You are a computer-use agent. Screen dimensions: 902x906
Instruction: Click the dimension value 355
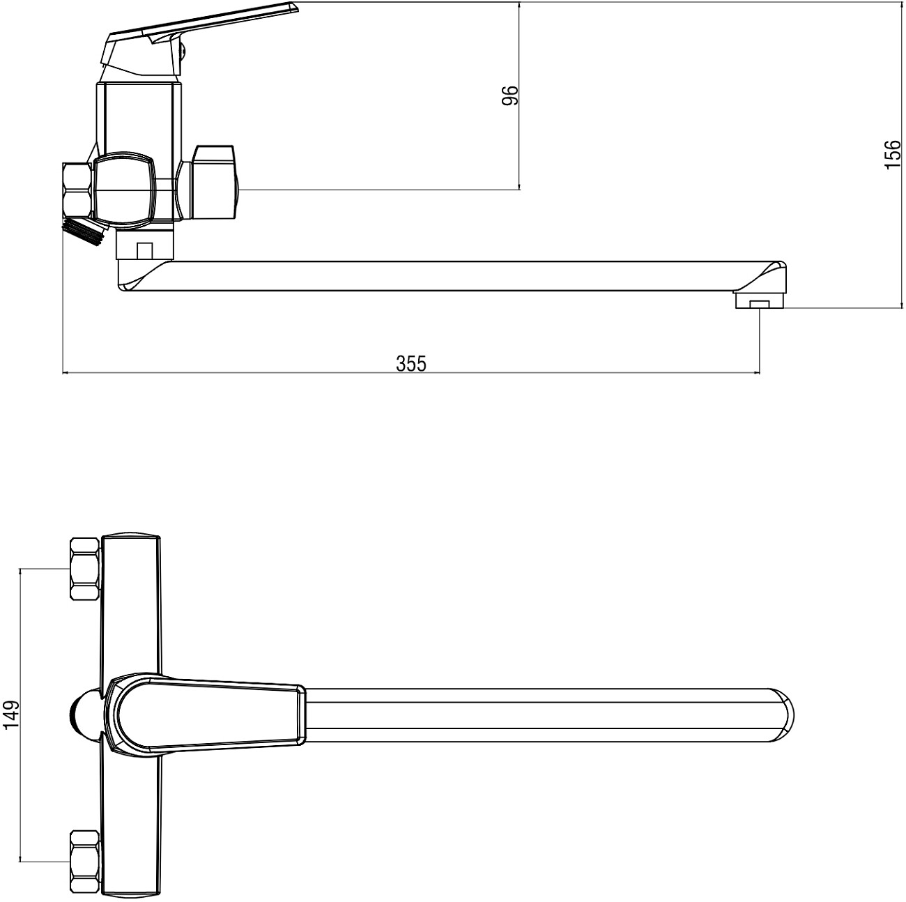[411, 363]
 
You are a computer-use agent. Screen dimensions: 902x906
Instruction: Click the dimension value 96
[511, 95]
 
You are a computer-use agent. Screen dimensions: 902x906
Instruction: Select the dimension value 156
[892, 154]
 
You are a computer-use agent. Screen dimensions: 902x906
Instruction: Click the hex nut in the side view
[77, 189]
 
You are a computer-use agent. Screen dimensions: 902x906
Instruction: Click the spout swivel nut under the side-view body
[144, 245]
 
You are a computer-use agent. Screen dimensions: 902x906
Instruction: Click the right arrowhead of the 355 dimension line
[757, 373]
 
